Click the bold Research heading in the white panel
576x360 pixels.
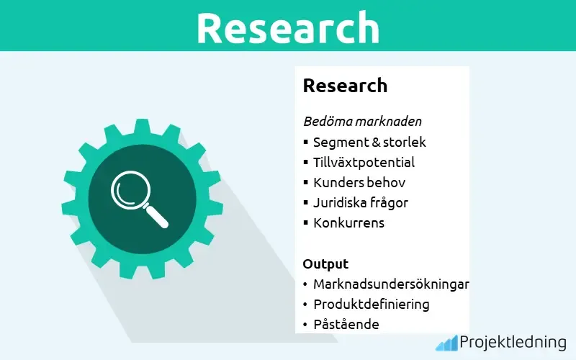(345, 86)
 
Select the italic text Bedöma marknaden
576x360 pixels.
(362, 121)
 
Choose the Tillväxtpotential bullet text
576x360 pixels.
(364, 163)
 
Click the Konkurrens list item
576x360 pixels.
(348, 223)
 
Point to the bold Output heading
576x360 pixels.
(325, 264)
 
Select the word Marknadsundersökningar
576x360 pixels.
(391, 284)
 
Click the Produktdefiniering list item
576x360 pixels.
(371, 305)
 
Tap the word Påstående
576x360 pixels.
(346, 325)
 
